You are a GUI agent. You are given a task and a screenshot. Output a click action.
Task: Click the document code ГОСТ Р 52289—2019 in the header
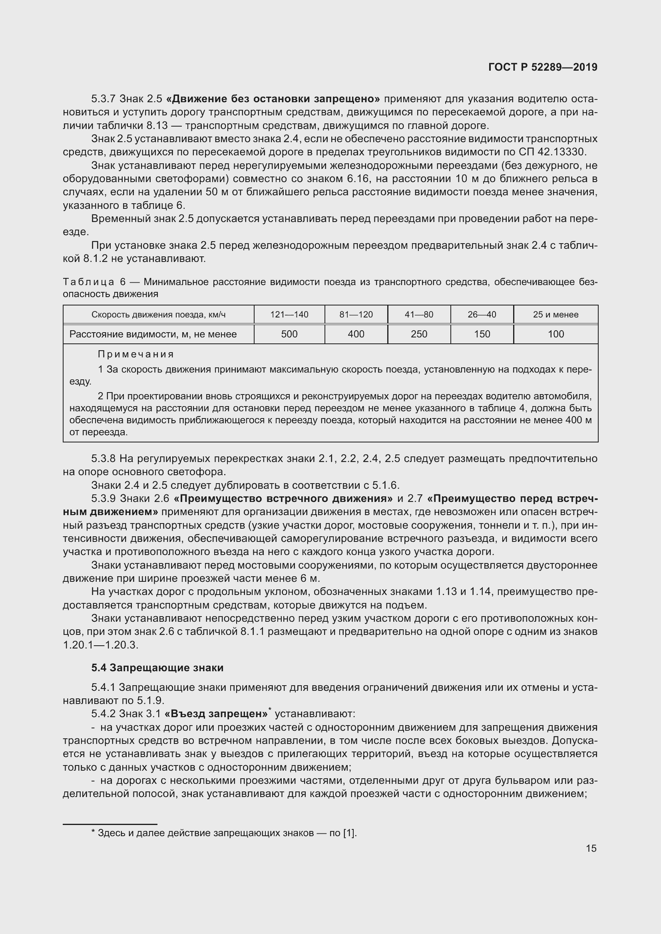coord(543,67)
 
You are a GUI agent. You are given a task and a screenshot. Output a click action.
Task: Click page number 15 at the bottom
coord(591,848)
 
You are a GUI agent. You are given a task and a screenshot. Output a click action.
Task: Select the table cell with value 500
coord(289,334)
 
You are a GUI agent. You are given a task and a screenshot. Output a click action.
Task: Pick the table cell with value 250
coord(419,334)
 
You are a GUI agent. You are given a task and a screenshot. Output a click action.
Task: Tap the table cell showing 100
coord(555,334)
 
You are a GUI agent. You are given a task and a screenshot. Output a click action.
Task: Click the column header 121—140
coord(289,314)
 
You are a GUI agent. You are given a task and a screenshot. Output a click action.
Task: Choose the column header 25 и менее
coord(555,314)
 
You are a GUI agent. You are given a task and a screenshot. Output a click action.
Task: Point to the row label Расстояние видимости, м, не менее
coord(153,334)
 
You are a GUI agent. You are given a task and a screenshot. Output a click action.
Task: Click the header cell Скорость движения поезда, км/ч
coord(158,314)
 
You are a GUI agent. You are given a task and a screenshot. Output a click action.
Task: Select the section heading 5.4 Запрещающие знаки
coord(157,668)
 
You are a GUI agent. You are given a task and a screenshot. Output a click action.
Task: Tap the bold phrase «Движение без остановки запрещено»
coord(273,99)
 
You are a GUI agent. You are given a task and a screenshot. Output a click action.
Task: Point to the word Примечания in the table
coord(135,354)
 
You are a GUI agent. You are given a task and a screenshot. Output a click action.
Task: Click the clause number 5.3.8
coord(104,458)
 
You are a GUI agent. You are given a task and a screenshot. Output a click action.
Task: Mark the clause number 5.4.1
coord(104,687)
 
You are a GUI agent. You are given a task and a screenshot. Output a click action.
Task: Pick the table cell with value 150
coord(482,334)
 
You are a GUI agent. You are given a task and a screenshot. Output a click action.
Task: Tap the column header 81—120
coord(356,314)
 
